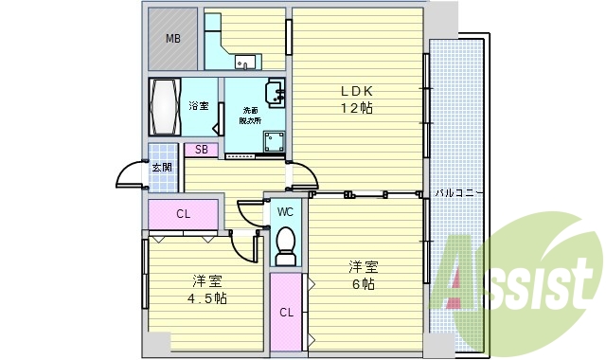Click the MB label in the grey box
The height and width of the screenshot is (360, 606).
coord(172,39)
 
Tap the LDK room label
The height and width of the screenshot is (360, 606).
coord(358,92)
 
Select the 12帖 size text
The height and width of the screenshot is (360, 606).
coord(358,109)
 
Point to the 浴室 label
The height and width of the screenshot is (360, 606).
coord(198,106)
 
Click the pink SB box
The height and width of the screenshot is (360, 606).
coord(202,149)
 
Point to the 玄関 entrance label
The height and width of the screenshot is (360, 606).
coord(162,168)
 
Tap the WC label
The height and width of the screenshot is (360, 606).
coord(284,213)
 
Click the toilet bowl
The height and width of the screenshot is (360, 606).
coord(284,247)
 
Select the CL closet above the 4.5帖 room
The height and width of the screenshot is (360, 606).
coord(184,214)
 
